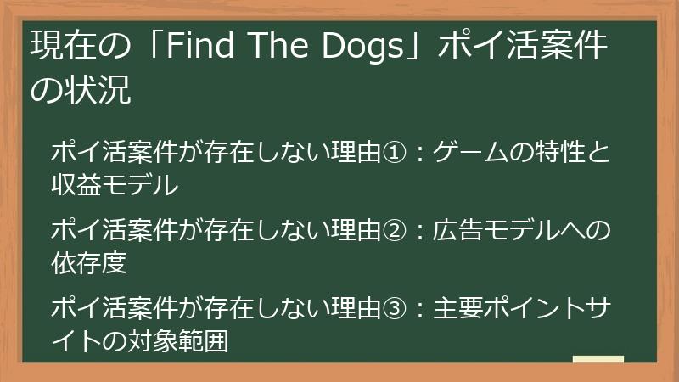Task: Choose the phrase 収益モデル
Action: [x=115, y=183]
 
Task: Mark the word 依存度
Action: [x=89, y=261]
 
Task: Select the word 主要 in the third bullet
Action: [x=459, y=307]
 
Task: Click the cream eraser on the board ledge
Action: [x=598, y=359]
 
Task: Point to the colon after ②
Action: [x=418, y=230]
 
